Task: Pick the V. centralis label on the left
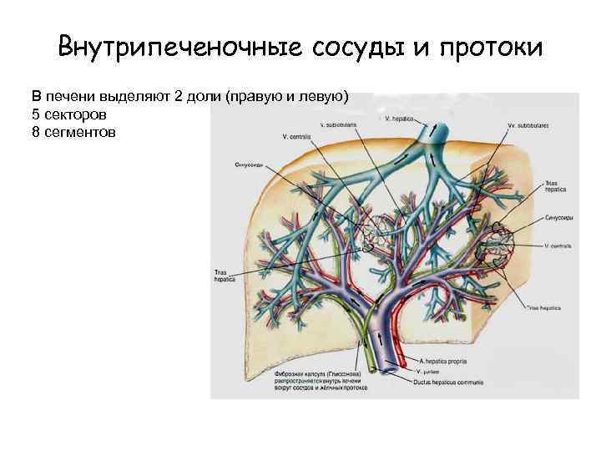(x=297, y=136)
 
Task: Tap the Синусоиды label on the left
(x=250, y=165)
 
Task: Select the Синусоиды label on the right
(x=557, y=215)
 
